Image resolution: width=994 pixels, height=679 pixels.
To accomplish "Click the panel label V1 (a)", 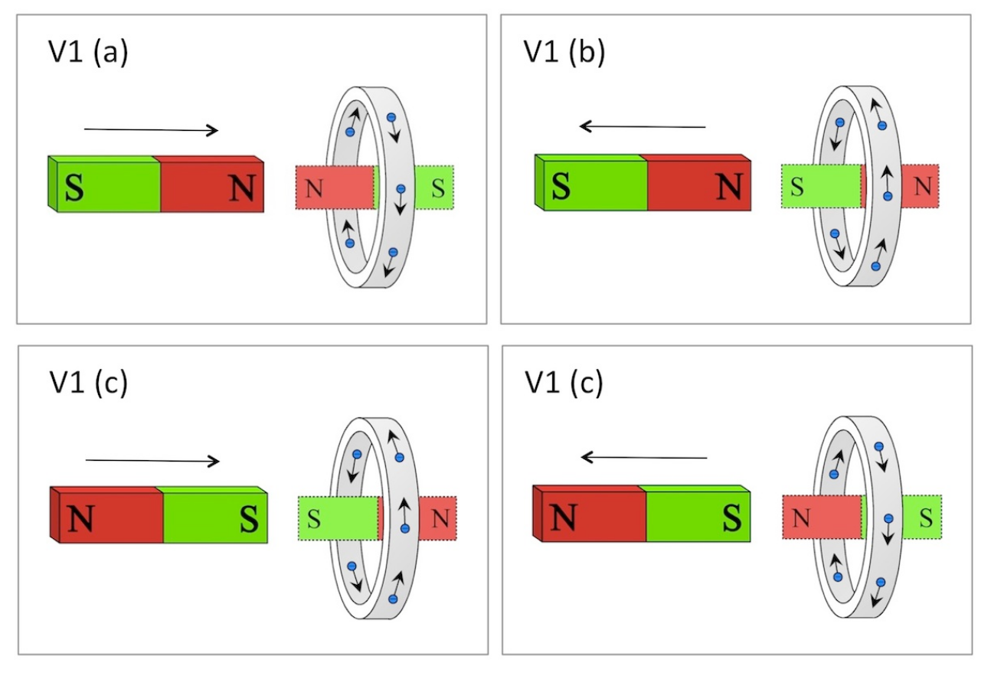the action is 88,52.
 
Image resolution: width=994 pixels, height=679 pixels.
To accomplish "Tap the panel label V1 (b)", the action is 564,52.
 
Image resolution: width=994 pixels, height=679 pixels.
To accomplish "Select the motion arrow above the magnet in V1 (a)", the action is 152,130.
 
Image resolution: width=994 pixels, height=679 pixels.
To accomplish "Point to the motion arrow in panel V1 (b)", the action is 643,126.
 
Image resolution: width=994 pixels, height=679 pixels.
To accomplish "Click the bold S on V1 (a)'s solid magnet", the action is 74,188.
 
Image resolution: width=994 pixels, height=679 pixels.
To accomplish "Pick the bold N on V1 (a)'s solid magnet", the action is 243,188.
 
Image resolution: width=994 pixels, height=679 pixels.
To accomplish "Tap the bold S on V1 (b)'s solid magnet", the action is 561,185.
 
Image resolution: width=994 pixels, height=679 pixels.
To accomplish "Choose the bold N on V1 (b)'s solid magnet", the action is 730,185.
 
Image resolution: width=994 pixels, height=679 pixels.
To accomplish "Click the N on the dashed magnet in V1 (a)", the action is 314,188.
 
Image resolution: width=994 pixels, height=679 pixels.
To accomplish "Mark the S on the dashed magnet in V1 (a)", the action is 438,188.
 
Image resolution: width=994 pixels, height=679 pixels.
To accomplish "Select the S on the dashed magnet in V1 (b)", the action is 797,187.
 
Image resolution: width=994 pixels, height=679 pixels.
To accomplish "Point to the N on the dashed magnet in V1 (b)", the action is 923,186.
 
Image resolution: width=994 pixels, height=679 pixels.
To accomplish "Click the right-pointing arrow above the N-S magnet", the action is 152,461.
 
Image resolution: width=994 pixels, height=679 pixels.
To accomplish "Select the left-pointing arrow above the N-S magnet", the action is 644,457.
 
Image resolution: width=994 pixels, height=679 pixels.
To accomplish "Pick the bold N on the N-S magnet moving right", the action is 80,518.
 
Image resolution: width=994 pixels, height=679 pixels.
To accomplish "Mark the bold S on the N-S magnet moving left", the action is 732,517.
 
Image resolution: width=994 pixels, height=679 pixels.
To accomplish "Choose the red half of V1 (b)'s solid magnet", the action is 699,182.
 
